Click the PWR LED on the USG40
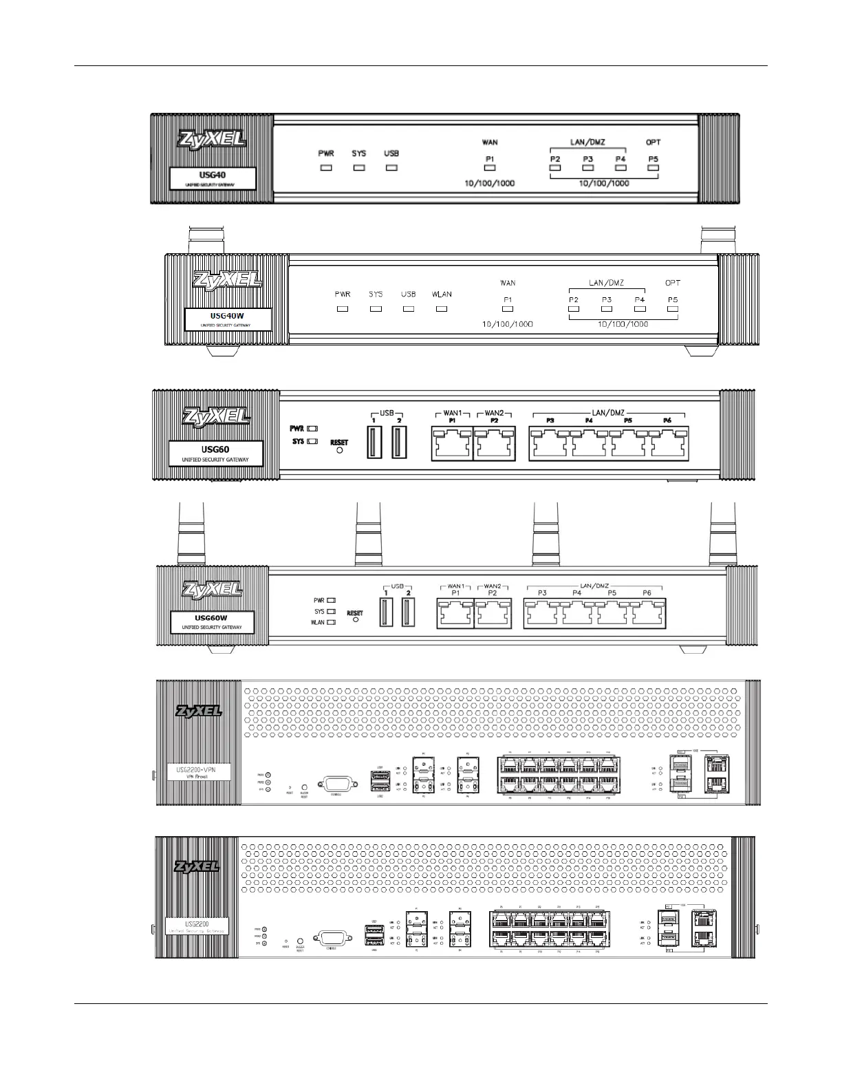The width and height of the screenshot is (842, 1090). (326, 167)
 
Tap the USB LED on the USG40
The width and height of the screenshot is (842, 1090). (391, 167)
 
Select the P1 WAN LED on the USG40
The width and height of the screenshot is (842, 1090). (490, 167)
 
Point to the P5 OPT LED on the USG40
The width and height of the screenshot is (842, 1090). (653, 167)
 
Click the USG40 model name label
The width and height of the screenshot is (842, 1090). (213, 178)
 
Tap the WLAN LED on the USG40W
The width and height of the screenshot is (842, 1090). (442, 309)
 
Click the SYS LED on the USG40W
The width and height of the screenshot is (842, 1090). (376, 309)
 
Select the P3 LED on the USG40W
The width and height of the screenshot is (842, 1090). (606, 309)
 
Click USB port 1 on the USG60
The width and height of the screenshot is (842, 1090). (374, 442)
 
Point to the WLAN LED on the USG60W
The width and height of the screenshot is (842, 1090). (331, 622)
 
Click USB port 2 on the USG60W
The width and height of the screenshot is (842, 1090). (409, 612)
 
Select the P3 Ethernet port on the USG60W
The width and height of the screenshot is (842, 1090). (543, 612)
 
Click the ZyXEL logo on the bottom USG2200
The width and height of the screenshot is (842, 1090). (197, 866)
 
